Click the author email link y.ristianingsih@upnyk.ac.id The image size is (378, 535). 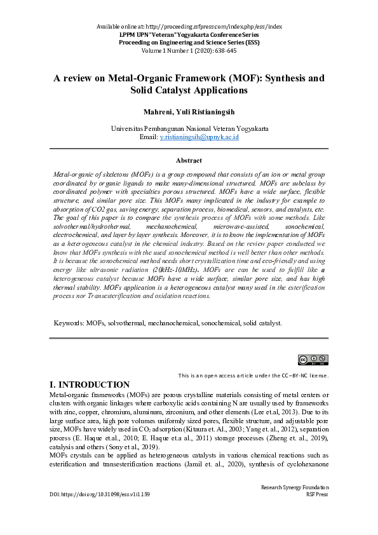coord(198,137)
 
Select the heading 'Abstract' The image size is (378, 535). coord(189,161)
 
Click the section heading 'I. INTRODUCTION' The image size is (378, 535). coord(90,385)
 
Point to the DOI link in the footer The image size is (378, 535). coord(100,494)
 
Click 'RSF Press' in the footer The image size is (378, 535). coord(317,494)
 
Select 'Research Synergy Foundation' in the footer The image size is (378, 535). coord(295,487)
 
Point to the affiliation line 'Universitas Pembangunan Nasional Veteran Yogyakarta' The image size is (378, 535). coord(189,128)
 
